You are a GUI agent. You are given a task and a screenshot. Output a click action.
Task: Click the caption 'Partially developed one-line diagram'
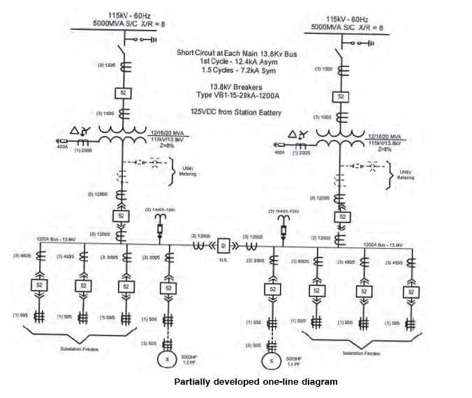click(255, 382)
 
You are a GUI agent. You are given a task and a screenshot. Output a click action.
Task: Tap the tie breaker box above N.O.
click(224, 245)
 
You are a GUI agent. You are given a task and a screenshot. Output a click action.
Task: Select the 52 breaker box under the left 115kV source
click(124, 93)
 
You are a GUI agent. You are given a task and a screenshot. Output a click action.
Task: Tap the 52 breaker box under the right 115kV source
click(341, 96)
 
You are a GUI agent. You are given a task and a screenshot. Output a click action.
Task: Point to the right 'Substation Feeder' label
click(362, 352)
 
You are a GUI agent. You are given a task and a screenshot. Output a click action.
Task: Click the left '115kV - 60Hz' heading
click(124, 16)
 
